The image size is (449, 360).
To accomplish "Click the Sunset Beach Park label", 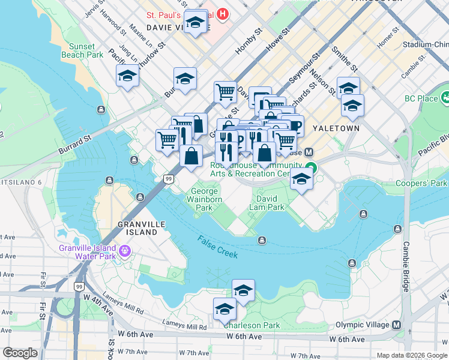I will point(82,50).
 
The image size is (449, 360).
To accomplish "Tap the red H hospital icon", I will point(223,13).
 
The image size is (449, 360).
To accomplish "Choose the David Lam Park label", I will point(270,203).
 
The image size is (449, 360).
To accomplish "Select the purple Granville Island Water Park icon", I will point(125,250).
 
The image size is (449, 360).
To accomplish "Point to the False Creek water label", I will point(218,247).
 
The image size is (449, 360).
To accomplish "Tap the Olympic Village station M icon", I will point(396,325).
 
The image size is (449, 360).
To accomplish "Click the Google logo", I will point(20,353).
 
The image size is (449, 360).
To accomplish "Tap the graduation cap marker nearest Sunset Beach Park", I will point(127,76).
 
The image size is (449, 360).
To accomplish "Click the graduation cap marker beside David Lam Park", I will point(301,179).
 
